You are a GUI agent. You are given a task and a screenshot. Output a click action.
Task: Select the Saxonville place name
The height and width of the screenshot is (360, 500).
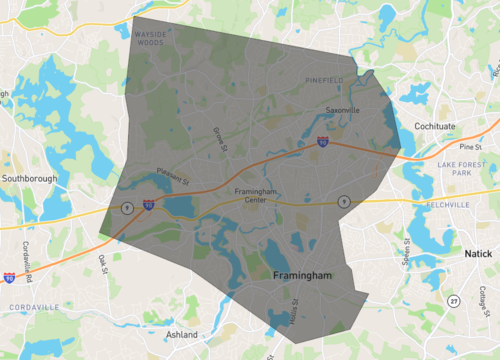tap(341, 110)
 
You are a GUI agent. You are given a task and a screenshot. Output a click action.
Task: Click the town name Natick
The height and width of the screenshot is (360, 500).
tap(478, 254)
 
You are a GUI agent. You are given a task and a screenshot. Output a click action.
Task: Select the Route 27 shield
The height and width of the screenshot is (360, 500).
tap(453, 300)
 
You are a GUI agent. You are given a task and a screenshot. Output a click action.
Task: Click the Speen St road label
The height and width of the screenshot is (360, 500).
tap(407, 254)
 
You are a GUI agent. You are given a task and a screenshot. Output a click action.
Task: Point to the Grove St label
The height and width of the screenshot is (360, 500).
tap(220, 136)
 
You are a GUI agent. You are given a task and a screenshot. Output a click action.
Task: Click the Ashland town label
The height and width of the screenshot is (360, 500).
tap(182, 335)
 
